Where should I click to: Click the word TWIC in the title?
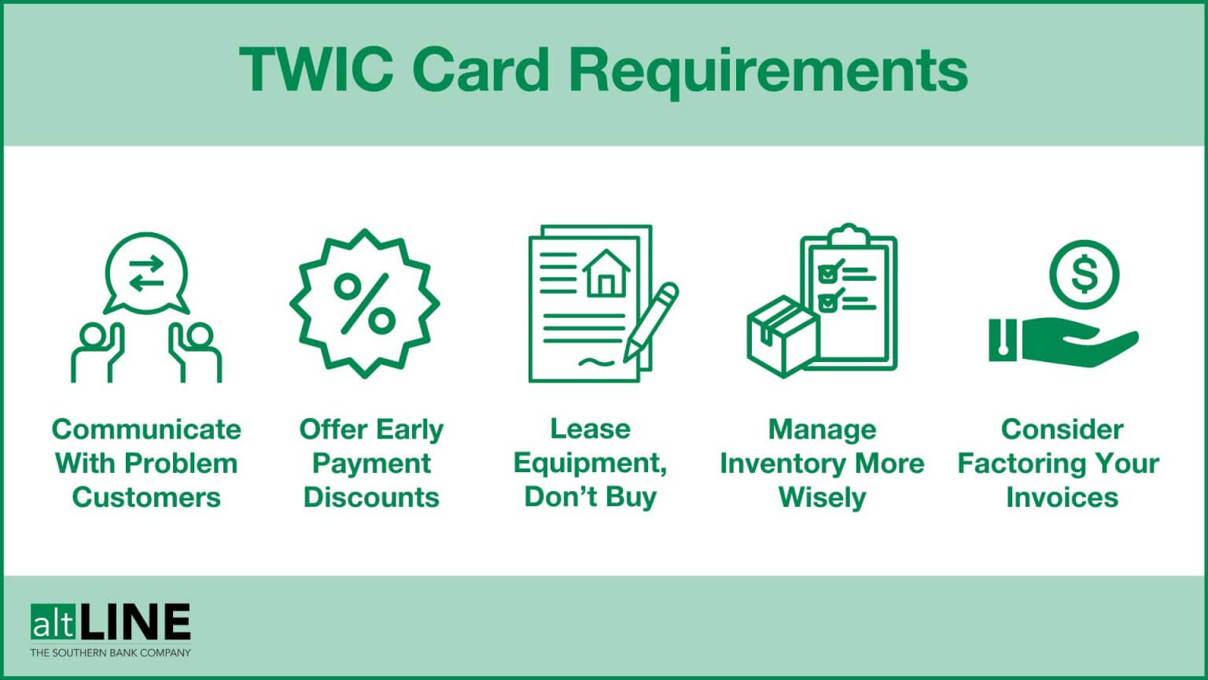click(316, 71)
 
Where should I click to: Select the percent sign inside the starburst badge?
click(364, 303)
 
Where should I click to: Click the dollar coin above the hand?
click(1084, 275)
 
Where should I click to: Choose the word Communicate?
click(146, 429)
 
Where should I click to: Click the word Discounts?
click(371, 497)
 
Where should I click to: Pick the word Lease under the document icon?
click(590, 429)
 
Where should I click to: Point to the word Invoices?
click(1062, 497)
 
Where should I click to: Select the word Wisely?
click(822, 497)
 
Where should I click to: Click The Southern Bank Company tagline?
click(110, 652)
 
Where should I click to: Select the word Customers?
click(146, 497)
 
